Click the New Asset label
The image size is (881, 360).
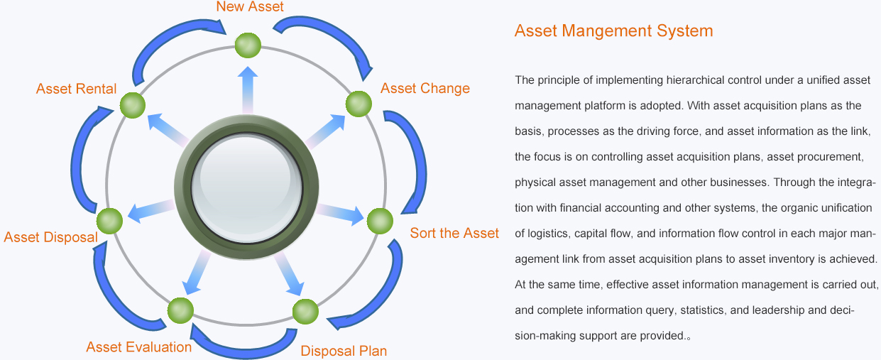pos(249,7)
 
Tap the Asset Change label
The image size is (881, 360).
pos(425,88)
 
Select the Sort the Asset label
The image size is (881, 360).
pos(454,233)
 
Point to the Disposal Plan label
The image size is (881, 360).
pos(344,351)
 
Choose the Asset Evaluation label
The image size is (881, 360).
pos(138,347)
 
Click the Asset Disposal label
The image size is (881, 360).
pos(50,236)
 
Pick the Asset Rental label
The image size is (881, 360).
pos(76,89)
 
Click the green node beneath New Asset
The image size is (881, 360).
pos(248,46)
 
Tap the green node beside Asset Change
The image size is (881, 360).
pos(359,104)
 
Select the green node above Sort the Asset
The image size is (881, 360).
pos(379,221)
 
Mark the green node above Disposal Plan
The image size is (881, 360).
pos(305,312)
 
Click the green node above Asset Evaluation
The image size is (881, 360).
pos(180,310)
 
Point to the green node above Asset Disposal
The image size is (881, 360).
pos(110,222)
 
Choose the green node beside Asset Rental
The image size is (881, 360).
pos(133,106)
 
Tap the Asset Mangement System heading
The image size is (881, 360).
pos(613,31)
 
